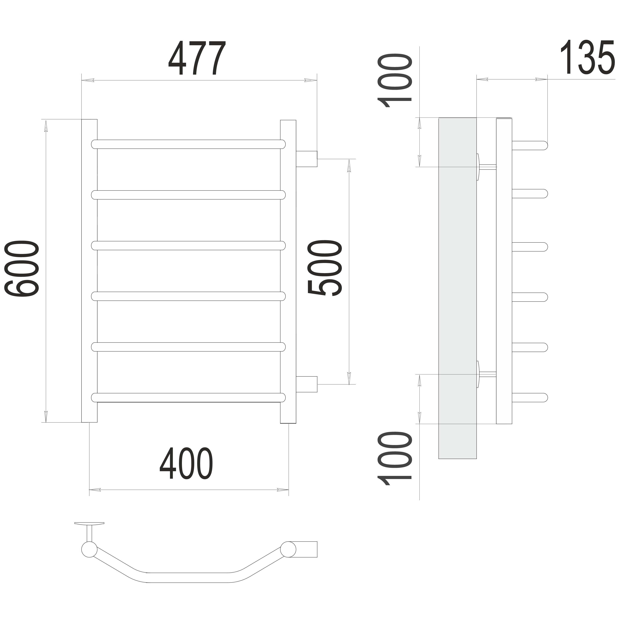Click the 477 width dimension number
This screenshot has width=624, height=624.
(x=197, y=58)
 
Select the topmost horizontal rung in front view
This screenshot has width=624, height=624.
(x=188, y=144)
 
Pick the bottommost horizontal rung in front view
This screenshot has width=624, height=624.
(x=188, y=398)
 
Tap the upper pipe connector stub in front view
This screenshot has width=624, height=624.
(x=306, y=159)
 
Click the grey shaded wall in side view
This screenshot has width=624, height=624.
(x=457, y=288)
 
